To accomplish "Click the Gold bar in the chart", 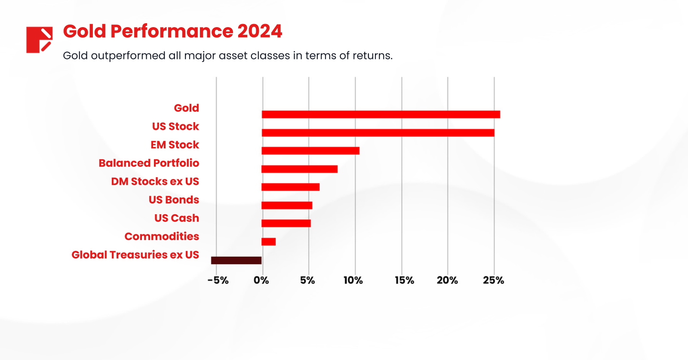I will (381, 114).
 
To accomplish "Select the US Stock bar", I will (378, 132).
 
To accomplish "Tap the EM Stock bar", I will (310, 151).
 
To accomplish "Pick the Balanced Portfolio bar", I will (299, 169).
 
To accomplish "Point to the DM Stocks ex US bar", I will (290, 187).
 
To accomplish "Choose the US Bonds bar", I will (287, 205).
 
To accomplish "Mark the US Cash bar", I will (286, 223).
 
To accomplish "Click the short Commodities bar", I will (268, 242).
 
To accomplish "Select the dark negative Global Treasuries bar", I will (236, 260).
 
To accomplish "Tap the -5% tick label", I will (218, 280).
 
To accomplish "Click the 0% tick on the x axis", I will (261, 280).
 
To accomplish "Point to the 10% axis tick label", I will (353, 280).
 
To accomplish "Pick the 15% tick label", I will (404, 280).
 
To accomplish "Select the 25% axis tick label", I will (493, 280).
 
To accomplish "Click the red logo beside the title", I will (39, 40).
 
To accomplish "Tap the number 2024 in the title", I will (260, 31).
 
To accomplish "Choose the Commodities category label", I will (162, 237).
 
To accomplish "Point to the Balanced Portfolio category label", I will (149, 163).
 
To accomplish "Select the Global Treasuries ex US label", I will (135, 255).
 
